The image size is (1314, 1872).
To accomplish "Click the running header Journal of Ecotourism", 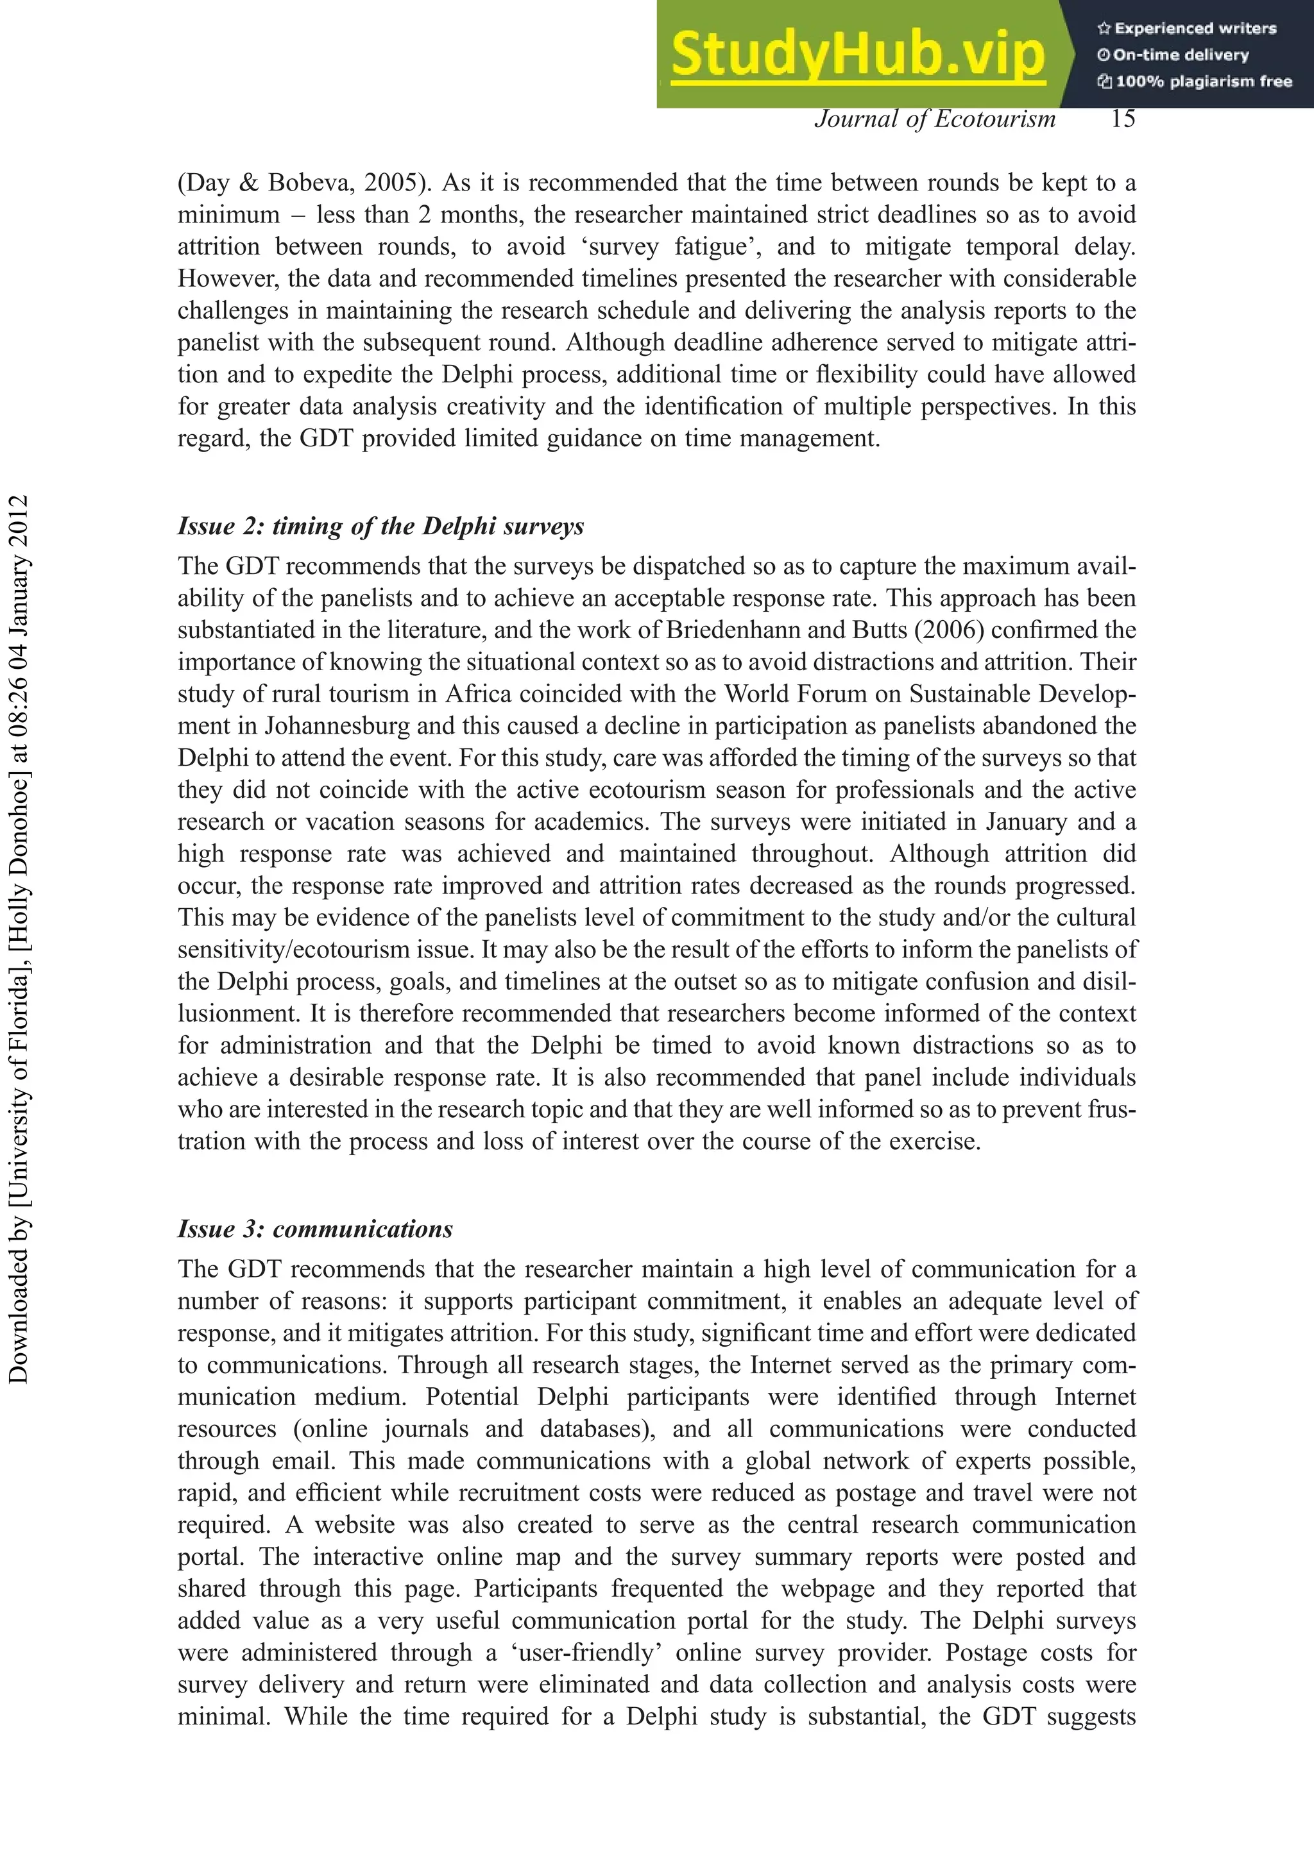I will pos(935,119).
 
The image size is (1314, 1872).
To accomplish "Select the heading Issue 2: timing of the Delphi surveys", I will pos(381,526).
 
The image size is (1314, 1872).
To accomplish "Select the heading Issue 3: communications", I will pos(315,1229).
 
